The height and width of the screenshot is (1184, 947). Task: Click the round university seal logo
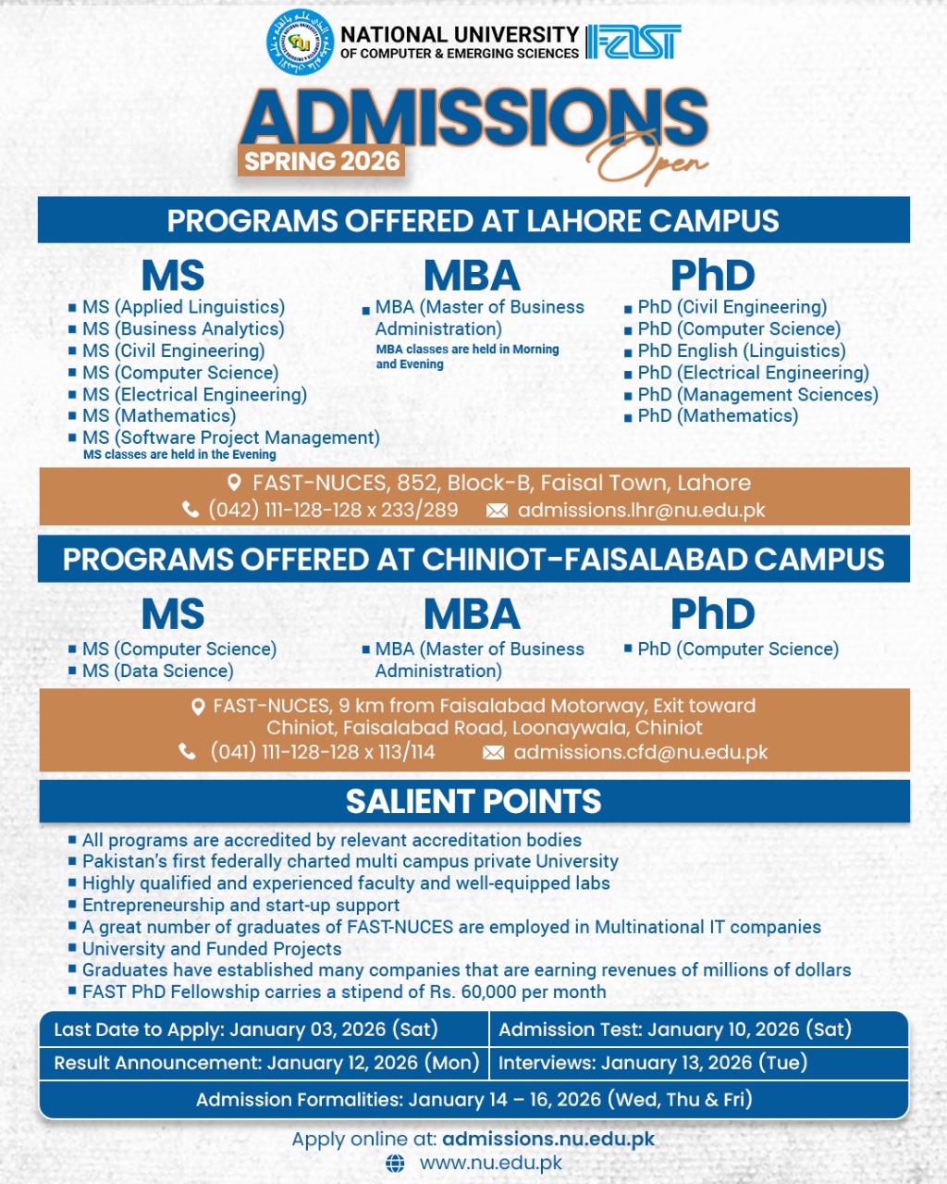click(300, 43)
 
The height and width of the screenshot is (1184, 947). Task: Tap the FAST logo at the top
click(634, 43)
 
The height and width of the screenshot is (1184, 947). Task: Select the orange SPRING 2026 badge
click(322, 161)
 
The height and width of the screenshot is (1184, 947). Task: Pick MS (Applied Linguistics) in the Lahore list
click(183, 307)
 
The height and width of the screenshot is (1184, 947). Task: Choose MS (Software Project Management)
click(230, 438)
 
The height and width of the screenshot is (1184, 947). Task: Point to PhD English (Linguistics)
click(741, 351)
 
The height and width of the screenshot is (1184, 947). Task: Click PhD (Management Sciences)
click(757, 394)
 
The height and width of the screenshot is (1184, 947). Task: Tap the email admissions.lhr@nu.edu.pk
click(641, 510)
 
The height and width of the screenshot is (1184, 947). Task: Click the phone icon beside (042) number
click(191, 510)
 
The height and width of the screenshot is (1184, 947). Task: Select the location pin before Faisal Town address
click(234, 483)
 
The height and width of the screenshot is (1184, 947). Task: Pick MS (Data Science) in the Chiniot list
click(157, 671)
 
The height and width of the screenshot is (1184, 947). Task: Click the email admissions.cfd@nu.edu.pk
click(640, 752)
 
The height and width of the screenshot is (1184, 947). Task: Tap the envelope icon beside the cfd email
click(494, 753)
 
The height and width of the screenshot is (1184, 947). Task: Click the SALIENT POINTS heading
click(473, 801)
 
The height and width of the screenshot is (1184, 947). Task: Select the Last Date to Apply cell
click(246, 1030)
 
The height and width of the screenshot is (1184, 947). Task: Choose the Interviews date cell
click(653, 1063)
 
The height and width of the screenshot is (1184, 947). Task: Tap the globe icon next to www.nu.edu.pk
click(395, 1164)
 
